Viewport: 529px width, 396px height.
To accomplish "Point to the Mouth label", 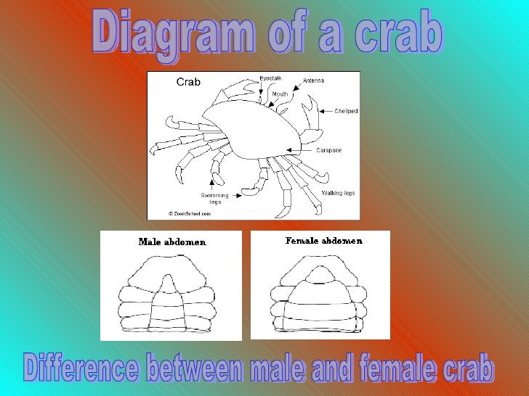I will click(x=280, y=94).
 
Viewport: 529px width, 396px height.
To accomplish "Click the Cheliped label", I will click(x=346, y=112).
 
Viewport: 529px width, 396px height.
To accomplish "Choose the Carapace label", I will click(x=328, y=150).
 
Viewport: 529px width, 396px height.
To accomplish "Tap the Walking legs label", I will click(x=338, y=193).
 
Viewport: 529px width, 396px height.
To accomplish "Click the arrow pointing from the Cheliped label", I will click(x=323, y=112).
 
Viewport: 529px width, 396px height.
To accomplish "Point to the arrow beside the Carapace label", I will click(x=300, y=150).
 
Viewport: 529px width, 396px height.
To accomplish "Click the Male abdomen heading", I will click(x=172, y=242).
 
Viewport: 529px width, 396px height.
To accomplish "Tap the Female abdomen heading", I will click(x=323, y=241).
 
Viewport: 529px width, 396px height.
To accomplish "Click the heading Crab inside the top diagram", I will click(x=188, y=83).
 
